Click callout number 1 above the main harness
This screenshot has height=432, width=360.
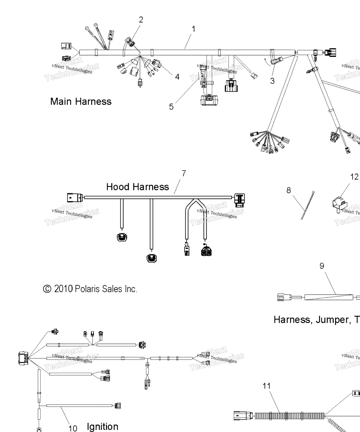[x=193, y=29]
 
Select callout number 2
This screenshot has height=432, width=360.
[x=141, y=20]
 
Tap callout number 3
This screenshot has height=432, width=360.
[x=272, y=81]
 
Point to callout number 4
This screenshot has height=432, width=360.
[x=177, y=77]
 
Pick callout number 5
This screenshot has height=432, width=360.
[x=171, y=107]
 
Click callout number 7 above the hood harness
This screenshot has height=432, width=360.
[x=184, y=174]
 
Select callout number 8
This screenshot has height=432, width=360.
[x=289, y=190]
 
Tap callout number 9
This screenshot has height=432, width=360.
[x=322, y=266]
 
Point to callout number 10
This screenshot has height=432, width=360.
[x=73, y=428]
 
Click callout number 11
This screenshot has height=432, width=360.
[x=266, y=386]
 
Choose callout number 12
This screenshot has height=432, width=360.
[x=354, y=177]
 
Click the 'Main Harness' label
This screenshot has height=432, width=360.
[x=81, y=102]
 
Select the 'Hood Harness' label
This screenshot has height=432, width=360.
[x=138, y=187]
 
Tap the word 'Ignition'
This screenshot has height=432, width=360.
[x=102, y=426]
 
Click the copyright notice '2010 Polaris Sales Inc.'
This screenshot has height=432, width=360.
[x=90, y=289]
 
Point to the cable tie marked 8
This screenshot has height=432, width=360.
[x=308, y=205]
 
